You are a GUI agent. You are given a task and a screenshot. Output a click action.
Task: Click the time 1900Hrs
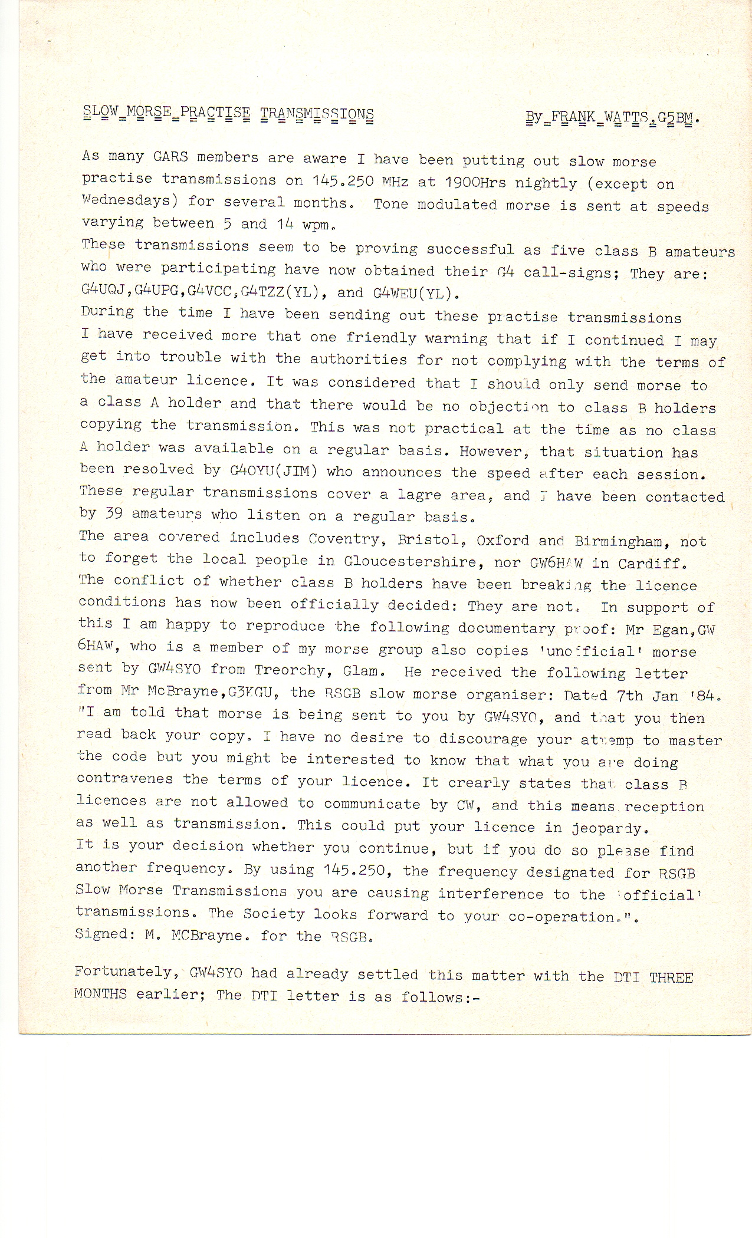475,182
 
